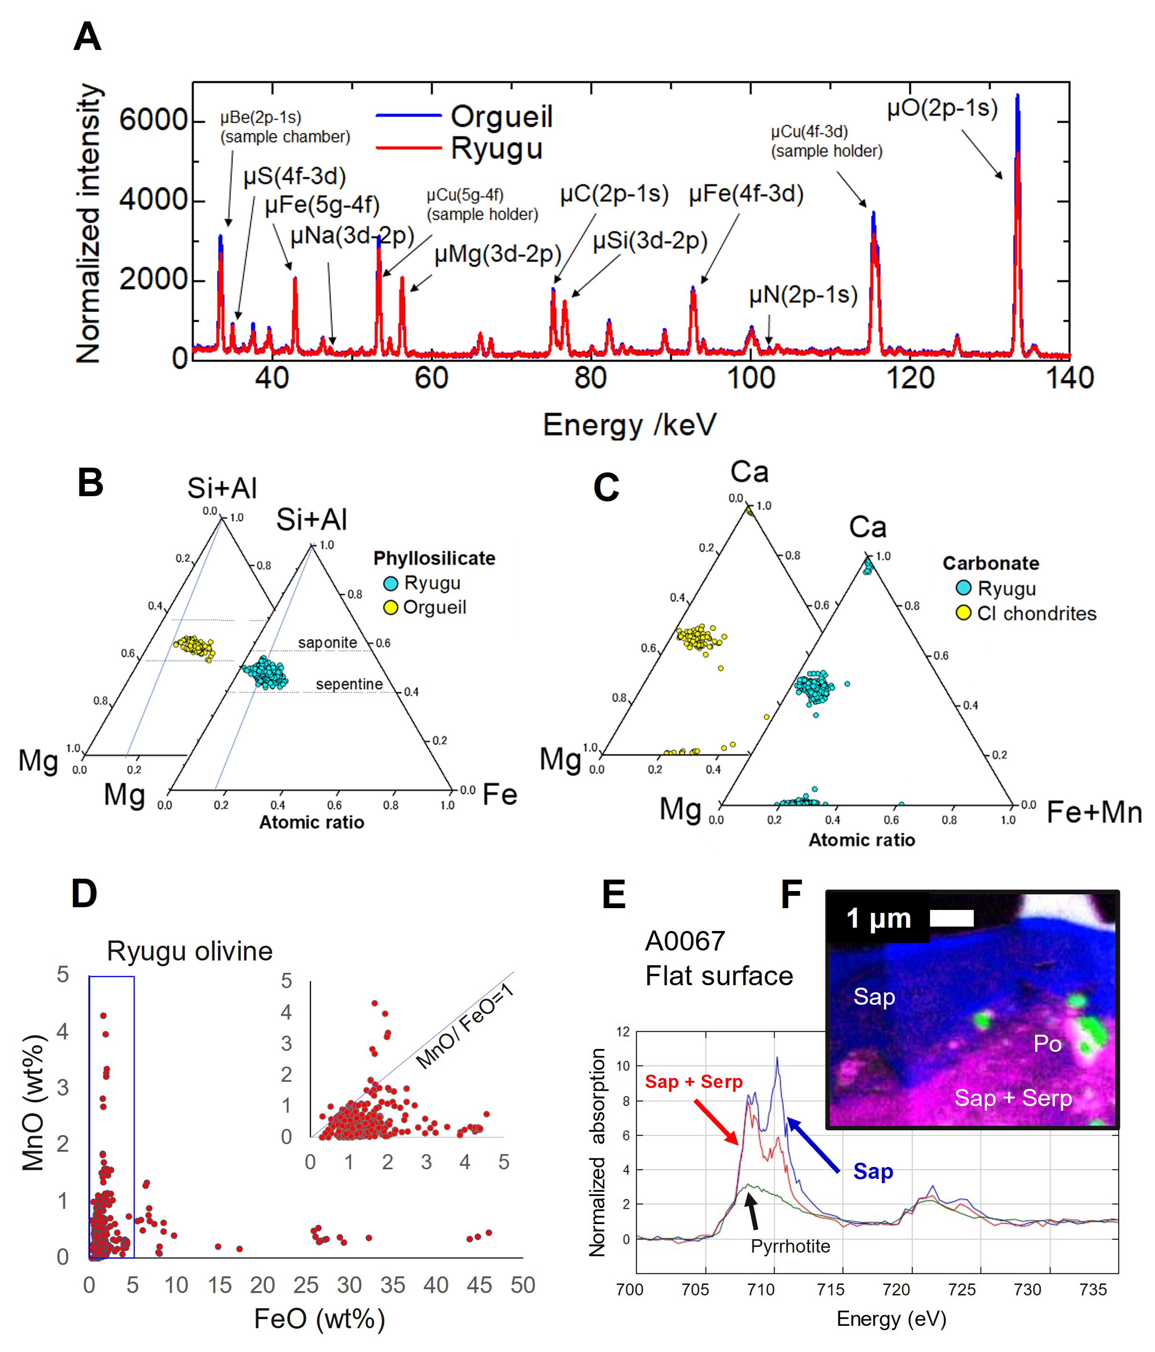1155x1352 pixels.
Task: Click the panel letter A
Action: tap(88, 37)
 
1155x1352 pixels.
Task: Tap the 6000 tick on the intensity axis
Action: tap(153, 121)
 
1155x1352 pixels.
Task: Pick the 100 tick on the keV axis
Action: tap(750, 379)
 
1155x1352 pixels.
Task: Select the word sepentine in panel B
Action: tap(349, 684)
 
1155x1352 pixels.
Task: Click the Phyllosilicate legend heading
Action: tap(434, 558)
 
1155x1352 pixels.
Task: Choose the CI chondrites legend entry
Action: tap(1036, 613)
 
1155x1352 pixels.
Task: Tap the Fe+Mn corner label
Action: tap(1094, 813)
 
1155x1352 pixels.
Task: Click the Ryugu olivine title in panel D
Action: tap(189, 951)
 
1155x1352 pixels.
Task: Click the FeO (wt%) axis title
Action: tap(319, 1319)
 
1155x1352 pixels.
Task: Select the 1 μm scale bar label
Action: tap(878, 919)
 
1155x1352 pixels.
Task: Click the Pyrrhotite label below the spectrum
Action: tap(790, 1246)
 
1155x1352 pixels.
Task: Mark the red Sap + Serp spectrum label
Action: tap(693, 1082)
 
